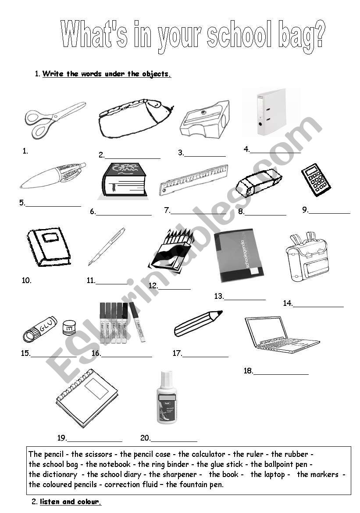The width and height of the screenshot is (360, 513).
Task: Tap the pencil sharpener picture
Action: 205,120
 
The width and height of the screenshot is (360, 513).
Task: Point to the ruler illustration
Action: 194,180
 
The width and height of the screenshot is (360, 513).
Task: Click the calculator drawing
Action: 316,179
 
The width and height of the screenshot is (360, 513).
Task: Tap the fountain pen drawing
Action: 106,246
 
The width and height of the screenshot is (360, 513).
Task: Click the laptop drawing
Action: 279,334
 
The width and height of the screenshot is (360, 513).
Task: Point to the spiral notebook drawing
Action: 87,398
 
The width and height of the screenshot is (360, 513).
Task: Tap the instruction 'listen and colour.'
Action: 70,502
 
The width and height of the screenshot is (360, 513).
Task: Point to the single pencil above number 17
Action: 198,323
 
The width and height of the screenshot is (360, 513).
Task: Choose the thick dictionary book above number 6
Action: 124,180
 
